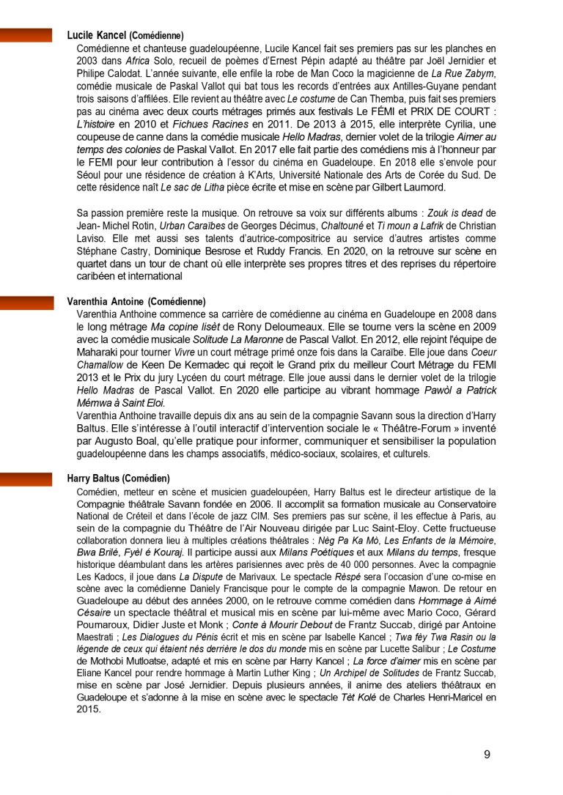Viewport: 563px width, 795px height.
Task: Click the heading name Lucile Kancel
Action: (x=97, y=35)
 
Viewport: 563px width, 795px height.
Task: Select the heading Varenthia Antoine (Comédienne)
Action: (x=136, y=302)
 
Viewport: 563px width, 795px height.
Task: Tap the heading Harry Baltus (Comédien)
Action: (x=118, y=478)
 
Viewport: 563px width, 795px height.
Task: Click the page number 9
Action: (x=487, y=755)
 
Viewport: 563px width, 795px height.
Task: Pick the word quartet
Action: (x=94, y=263)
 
